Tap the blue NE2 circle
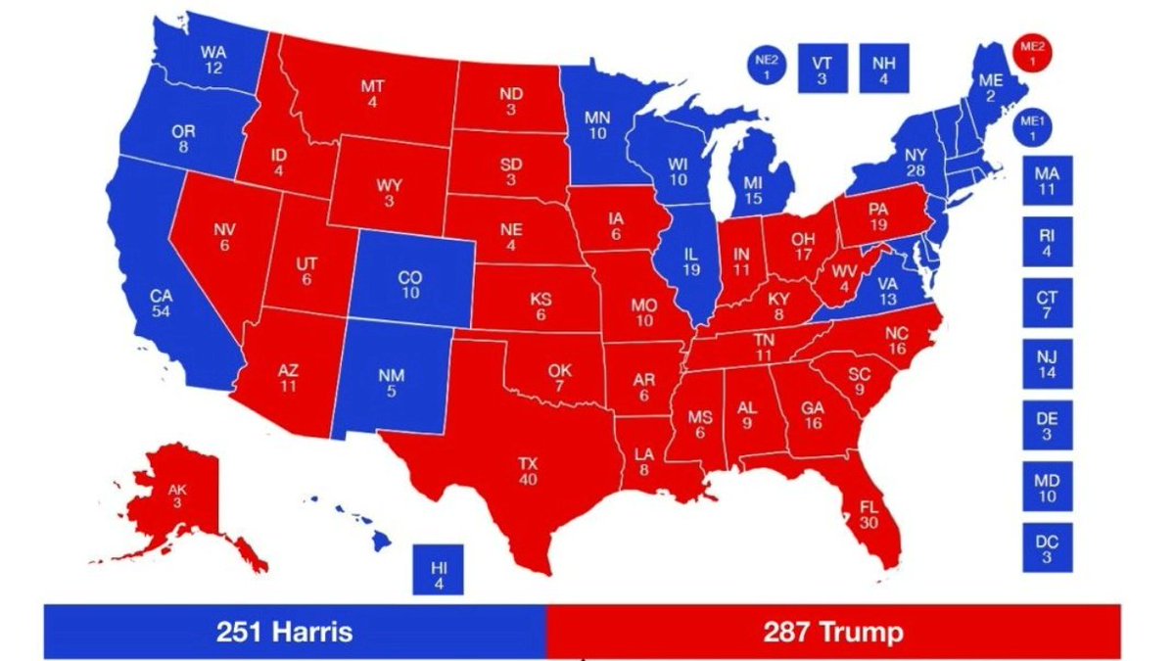coord(767,68)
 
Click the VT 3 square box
coord(822,69)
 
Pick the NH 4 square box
coord(883,69)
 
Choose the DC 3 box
coord(1046,545)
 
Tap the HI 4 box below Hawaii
coord(438,570)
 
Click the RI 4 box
coord(1046,241)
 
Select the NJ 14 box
coord(1046,363)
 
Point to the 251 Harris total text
coord(283,632)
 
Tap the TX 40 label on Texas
coord(528,471)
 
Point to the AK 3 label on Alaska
coord(176,496)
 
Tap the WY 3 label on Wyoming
coord(389,192)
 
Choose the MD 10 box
coord(1046,486)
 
